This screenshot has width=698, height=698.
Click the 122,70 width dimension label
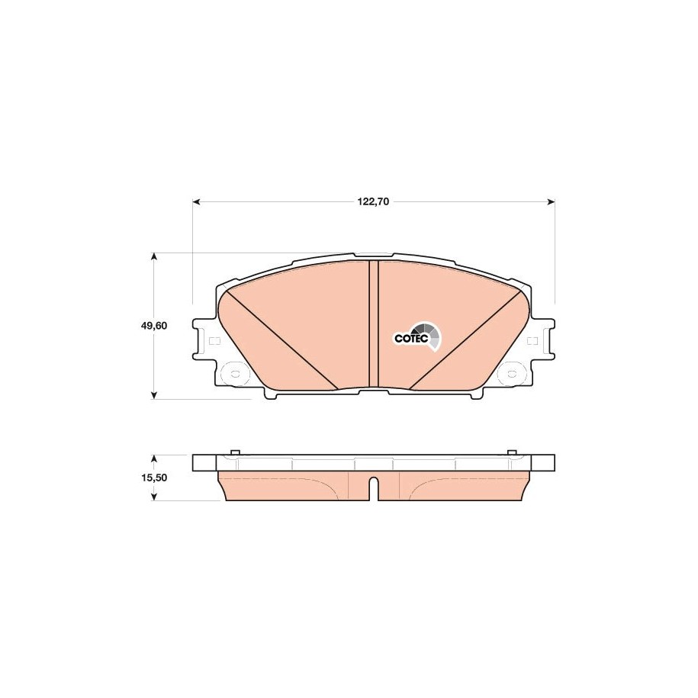pos(373,201)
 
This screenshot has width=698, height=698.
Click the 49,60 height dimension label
pos(153,326)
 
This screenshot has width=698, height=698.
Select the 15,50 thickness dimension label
pos(153,478)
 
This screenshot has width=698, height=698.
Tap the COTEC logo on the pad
pos(418,337)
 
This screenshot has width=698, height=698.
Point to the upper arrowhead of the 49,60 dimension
pos(153,257)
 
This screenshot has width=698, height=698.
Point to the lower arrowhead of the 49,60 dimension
pos(153,395)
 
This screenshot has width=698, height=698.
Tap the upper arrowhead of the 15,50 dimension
pos(153,459)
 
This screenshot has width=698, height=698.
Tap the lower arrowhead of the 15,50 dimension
pos(153,496)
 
